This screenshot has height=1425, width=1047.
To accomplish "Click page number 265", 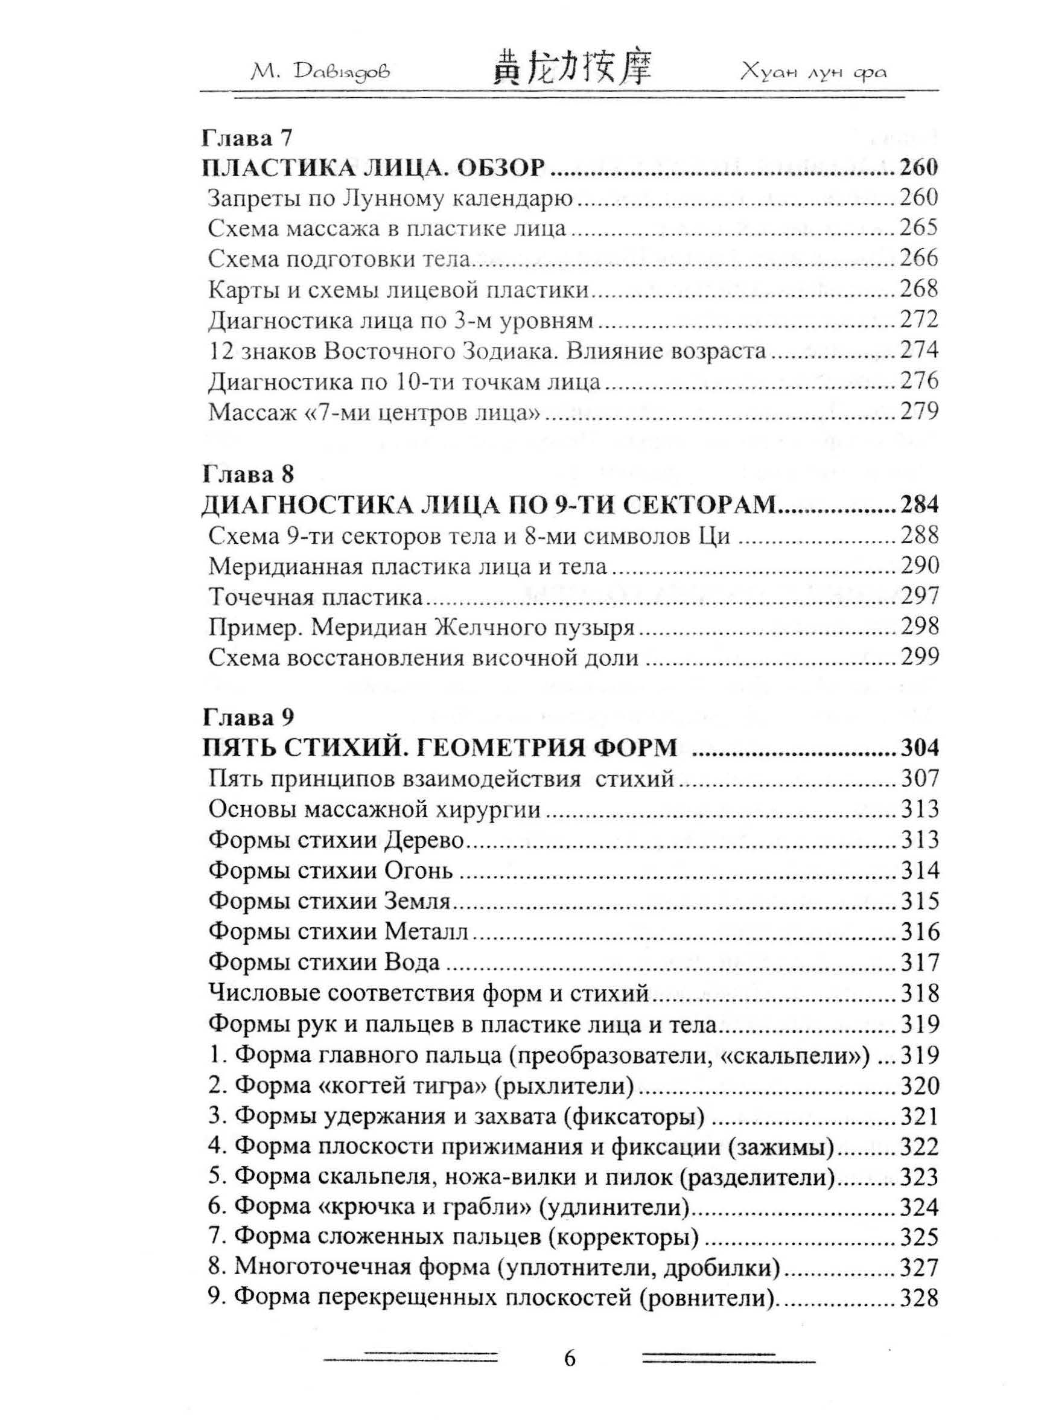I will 918,228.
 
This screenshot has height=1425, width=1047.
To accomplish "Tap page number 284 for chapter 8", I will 918,505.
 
